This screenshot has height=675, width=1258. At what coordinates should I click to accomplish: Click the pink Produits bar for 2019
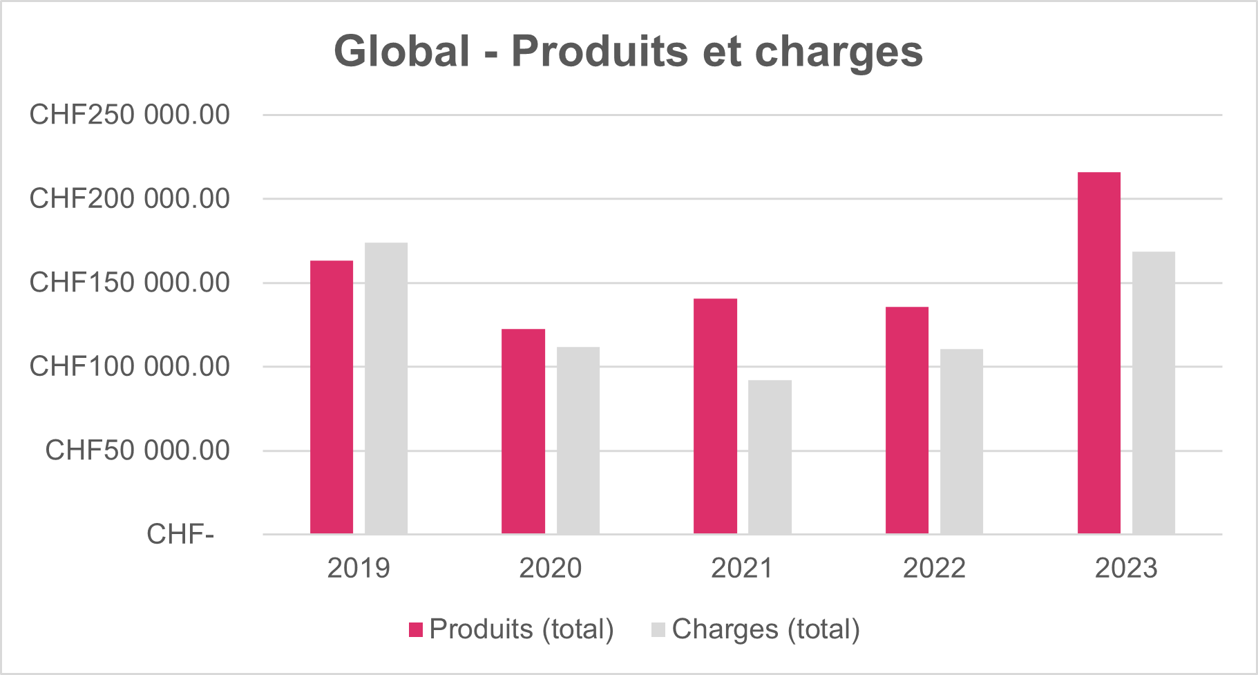332,397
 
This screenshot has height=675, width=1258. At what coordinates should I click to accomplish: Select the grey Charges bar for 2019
386,388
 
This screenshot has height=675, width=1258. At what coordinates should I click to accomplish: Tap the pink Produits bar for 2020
523,431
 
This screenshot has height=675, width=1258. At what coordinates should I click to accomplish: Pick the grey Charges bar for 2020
578,440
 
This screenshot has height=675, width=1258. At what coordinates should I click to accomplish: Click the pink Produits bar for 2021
715,416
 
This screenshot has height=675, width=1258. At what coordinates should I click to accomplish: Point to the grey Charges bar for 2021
770,457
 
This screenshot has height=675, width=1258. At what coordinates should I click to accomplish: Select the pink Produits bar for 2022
907,420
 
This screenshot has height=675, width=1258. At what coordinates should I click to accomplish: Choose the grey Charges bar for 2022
962,441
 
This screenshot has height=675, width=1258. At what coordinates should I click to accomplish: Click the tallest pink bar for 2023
1099,353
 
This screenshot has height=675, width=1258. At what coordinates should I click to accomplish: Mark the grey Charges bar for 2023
1154,392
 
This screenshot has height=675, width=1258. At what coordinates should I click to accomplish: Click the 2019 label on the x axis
359,569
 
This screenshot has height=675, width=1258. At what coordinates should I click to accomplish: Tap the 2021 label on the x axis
743,569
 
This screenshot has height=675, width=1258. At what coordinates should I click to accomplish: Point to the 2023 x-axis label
1126,569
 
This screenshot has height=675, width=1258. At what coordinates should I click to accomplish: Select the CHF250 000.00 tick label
129,115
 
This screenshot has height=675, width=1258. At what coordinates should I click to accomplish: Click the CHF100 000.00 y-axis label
129,366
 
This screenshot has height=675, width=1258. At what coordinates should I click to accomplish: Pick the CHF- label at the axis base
180,534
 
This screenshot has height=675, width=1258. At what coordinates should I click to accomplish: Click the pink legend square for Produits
416,629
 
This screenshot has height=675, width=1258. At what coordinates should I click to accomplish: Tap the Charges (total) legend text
765,629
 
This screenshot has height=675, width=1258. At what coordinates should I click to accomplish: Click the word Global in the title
402,52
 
